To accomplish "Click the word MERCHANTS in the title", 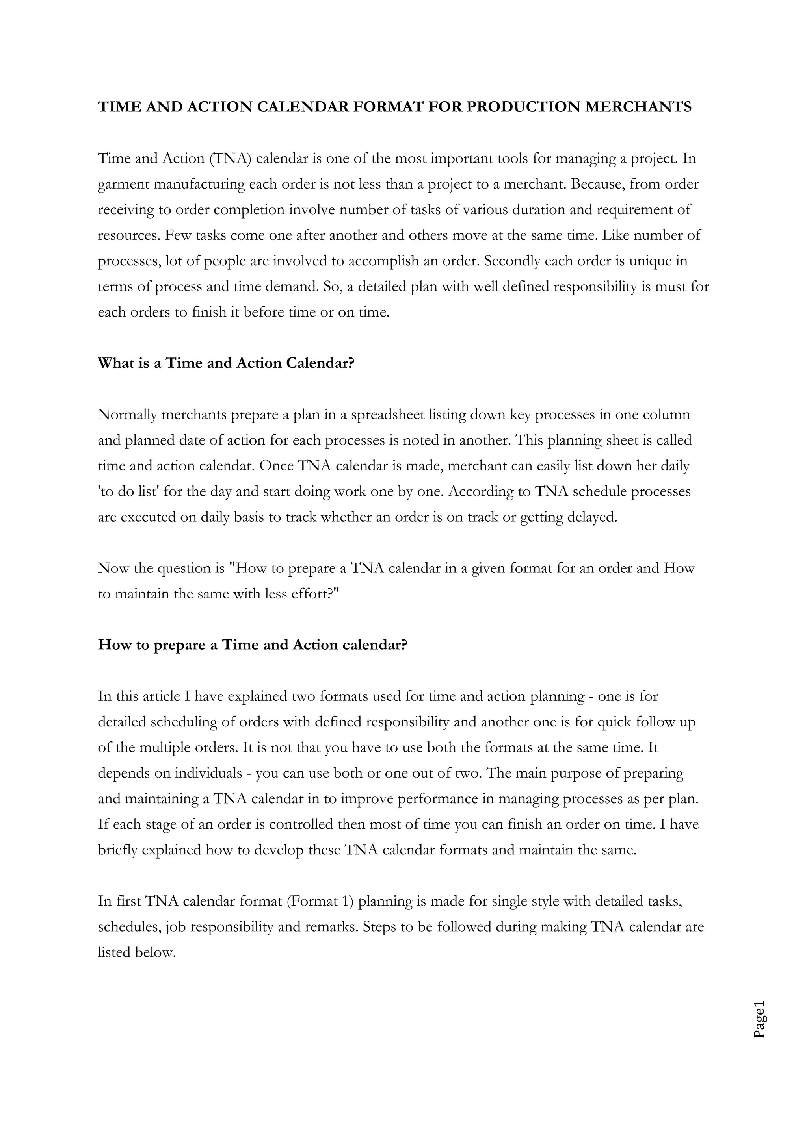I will pos(638,107).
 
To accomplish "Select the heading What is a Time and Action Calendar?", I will pos(226,363).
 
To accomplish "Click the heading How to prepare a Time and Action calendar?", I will pos(253,645).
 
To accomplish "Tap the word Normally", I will pos(128,415).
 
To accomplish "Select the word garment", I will pos(123,184).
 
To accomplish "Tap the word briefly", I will pos(117,850).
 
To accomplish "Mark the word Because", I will pos(598,184).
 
